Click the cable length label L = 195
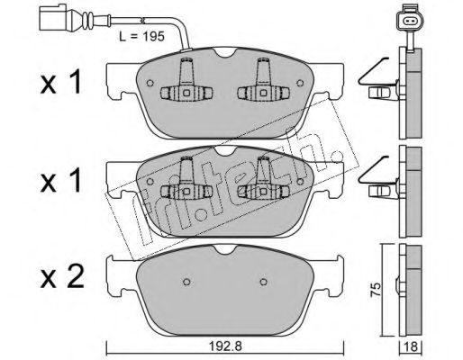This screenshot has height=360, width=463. (x=141, y=37)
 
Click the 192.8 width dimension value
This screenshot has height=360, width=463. (x=225, y=346)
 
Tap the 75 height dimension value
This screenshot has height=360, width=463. (x=375, y=289)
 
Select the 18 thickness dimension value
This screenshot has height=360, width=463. (x=411, y=347)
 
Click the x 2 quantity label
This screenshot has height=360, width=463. (x=62, y=277)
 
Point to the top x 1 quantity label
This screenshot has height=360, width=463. (x=61, y=81)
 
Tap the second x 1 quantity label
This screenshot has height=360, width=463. (x=61, y=180)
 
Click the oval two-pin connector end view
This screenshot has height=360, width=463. (x=409, y=21)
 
